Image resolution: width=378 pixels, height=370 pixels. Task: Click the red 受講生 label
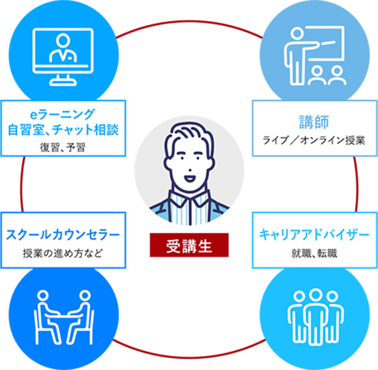pos(189,245)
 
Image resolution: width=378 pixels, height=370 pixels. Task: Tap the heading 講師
pos(314,122)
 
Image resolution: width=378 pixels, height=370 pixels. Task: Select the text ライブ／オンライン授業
pos(314,140)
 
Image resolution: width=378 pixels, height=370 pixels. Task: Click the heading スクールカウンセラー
pos(63,235)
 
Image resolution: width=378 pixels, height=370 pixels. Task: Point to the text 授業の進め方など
pos(63,253)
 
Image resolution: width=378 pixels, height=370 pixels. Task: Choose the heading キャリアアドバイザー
pos(314,234)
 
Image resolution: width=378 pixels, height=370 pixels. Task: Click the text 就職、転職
pos(314,253)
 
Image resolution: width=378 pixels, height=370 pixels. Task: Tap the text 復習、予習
pos(63,147)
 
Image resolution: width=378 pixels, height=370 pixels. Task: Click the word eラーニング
pos(63,114)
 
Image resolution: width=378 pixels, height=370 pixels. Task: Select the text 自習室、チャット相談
pos(63,129)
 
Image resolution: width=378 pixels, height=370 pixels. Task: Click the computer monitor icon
pos(63,57)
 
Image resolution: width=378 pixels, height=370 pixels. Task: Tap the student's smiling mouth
pos(189,179)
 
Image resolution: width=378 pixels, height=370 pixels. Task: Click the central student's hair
pos(189,138)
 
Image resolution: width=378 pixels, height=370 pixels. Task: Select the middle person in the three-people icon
pos(315,316)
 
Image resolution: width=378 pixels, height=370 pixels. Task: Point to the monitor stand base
pos(63,81)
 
